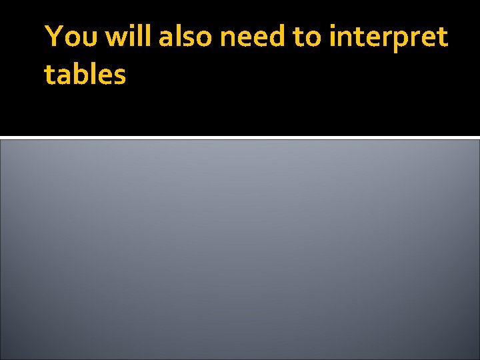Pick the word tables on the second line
click(85, 75)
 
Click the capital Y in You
click(52, 37)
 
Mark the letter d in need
click(277, 37)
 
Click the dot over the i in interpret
click(332, 26)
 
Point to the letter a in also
click(165, 40)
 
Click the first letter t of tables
click(49, 75)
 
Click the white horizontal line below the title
click(240, 137)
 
